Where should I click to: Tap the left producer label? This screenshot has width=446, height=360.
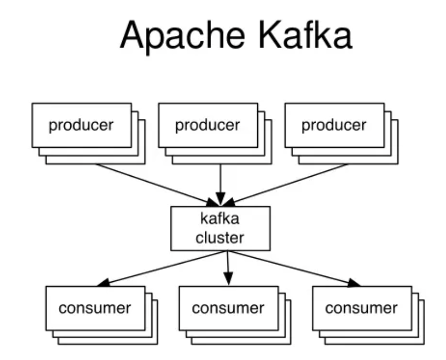[81, 125]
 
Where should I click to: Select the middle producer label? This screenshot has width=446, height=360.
[207, 125]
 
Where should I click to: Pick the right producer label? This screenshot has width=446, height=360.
[334, 125]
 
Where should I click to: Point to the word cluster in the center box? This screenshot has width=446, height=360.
[220, 238]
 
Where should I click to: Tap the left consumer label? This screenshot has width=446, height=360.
[95, 308]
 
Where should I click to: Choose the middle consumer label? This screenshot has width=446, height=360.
[228, 308]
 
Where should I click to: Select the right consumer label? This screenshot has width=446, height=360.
[361, 308]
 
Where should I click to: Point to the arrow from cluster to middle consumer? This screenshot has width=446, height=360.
[228, 265]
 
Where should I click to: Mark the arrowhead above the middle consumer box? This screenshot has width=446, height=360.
[228, 279]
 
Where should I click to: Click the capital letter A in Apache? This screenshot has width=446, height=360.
[132, 36]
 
